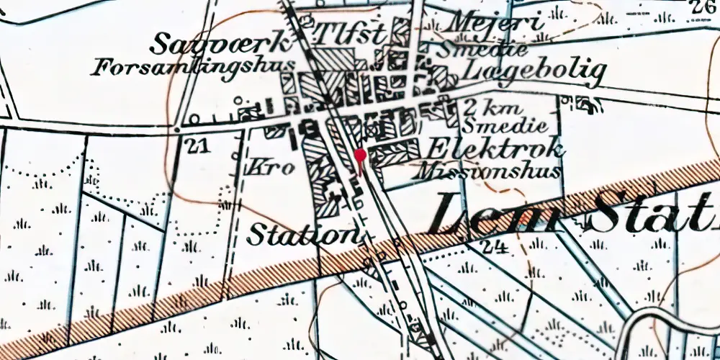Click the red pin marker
pyautogui.click(x=360, y=156)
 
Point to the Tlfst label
pyautogui.click(x=353, y=32)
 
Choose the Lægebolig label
pyautogui.click(x=534, y=69)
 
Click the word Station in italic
pyautogui.click(x=302, y=234)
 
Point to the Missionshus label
pyautogui.click(x=489, y=171)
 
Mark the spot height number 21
pyautogui.click(x=195, y=146)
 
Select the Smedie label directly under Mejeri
pyautogui.click(x=482, y=49)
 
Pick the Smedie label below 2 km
pyautogui.click(x=492, y=128)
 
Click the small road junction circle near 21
pyautogui.click(x=178, y=130)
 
